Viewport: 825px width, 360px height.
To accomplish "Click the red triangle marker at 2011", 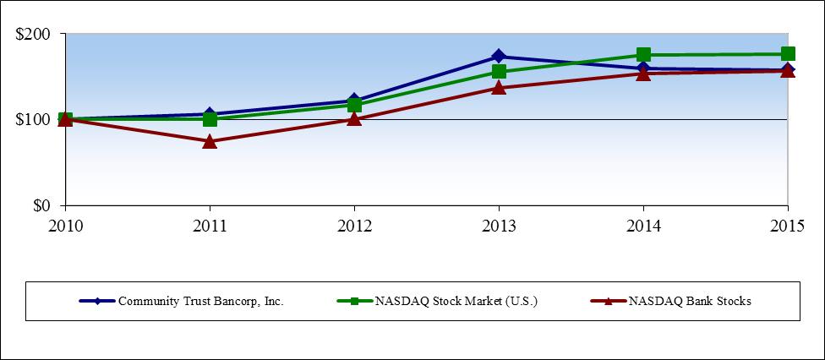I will point(210,141).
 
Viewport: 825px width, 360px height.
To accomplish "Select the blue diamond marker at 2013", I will point(499,57).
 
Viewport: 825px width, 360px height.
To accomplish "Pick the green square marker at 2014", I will point(643,55).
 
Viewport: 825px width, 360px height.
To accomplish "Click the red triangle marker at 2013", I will point(499,87).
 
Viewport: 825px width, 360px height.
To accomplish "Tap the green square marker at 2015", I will point(788,54).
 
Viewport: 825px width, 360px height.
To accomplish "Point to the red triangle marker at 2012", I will point(354,118).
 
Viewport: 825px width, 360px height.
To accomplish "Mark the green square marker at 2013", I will point(499,72).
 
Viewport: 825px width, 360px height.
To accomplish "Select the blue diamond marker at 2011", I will point(210,114).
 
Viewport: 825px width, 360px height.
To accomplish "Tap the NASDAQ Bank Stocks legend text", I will point(689,302).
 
